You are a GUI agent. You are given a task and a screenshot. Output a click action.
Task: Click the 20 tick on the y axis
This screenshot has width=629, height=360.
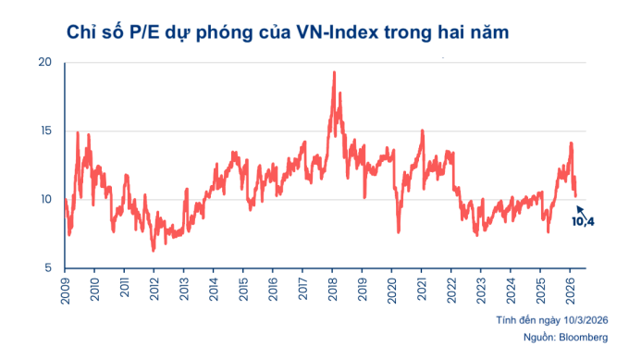click(x=45, y=63)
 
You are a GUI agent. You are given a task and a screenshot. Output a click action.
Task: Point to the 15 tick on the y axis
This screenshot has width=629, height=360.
click(x=45, y=131)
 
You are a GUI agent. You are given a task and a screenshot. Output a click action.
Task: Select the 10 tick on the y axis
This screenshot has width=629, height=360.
click(x=45, y=200)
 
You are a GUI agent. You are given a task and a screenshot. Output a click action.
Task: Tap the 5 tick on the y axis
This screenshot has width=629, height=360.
click(x=47, y=268)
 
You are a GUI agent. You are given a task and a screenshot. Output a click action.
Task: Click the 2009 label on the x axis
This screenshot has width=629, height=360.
click(x=65, y=289)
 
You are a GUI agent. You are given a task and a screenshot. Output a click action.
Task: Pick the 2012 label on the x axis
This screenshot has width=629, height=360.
click(x=154, y=289)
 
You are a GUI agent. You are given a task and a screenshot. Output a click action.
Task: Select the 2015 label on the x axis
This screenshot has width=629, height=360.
click(x=242, y=289)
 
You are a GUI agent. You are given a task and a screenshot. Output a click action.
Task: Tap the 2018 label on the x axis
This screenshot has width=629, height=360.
click(x=331, y=289)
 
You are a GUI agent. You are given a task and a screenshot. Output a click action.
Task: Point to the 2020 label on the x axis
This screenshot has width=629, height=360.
click(x=390, y=289)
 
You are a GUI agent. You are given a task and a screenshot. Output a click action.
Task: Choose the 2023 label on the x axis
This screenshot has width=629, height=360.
click(x=479, y=289)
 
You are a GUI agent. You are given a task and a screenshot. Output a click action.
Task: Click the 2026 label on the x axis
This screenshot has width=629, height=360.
click(x=568, y=289)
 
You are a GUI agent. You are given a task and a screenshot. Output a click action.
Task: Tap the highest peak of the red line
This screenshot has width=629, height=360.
click(x=333, y=72)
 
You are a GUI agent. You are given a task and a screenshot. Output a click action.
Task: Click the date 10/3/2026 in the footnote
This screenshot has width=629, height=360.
click(x=574, y=320)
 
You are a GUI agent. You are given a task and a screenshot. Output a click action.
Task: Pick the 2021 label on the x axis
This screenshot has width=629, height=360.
click(x=420, y=289)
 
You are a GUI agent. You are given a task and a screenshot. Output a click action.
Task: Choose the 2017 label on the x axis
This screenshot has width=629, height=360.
click(x=302, y=289)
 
